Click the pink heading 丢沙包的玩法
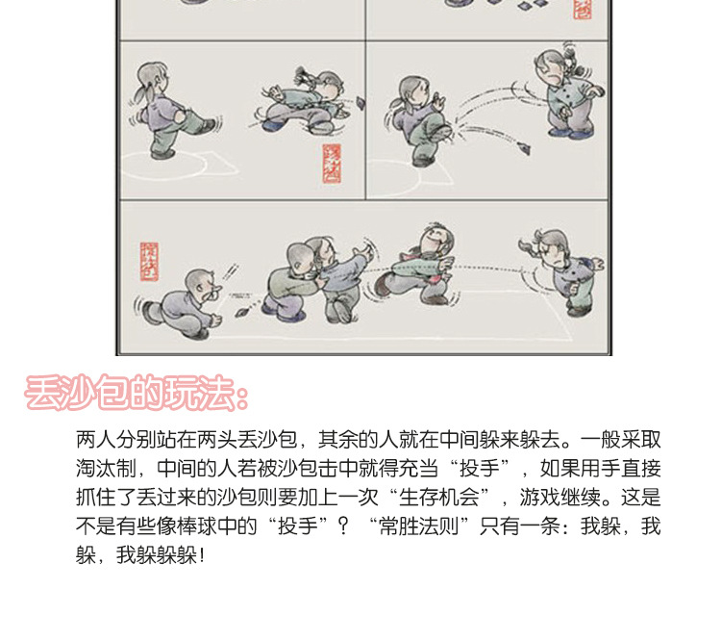coord(137,394)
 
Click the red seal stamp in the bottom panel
coord(147,260)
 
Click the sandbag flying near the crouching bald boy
coord(242,312)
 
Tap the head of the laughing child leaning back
coord(431,237)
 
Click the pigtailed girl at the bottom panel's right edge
coord(559,270)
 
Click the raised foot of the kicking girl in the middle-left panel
coord(209,125)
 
